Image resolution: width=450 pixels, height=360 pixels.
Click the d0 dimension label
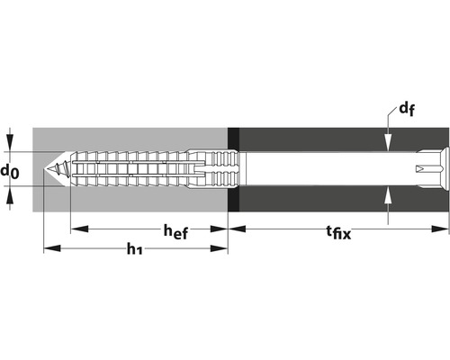[10, 168]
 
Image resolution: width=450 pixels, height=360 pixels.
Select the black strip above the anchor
[233, 138]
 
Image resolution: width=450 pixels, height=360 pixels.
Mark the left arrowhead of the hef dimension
[76, 228]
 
